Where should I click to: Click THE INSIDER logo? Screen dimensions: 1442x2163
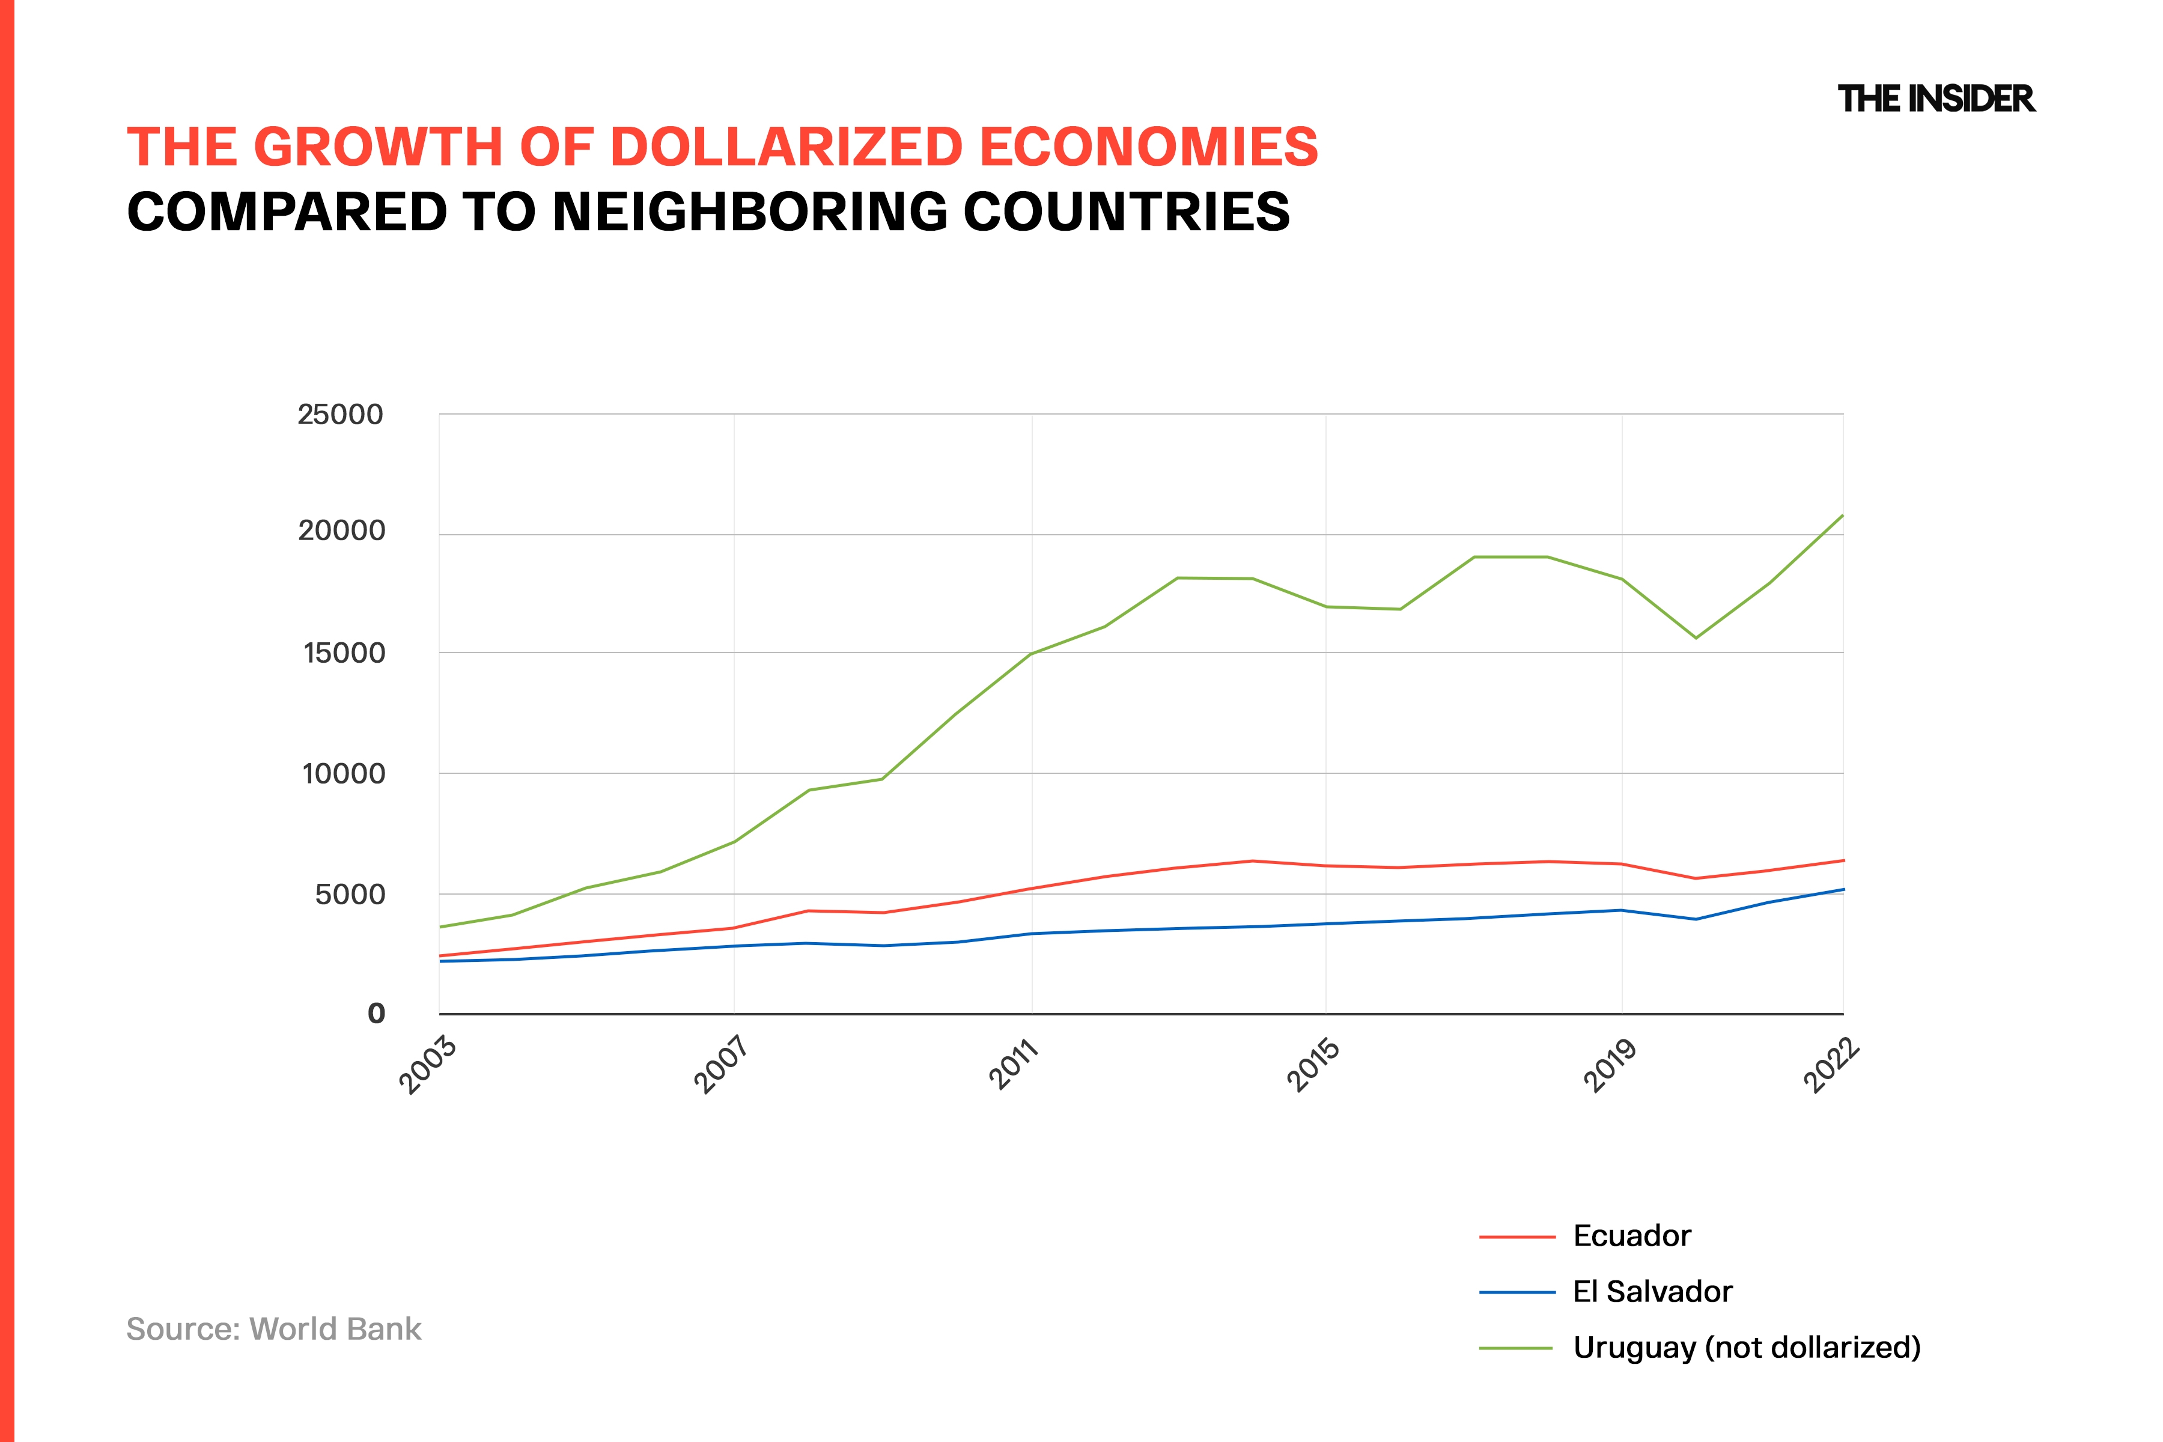[x=1936, y=99]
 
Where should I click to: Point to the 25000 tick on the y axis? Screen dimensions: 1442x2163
[x=339, y=415]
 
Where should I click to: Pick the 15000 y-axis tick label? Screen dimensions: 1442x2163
[x=343, y=653]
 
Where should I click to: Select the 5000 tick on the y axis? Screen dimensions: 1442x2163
[x=350, y=894]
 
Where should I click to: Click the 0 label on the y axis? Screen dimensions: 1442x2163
[x=376, y=1014]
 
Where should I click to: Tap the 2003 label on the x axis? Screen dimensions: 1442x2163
[x=428, y=1065]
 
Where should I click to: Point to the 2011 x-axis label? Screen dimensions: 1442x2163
[x=1014, y=1065]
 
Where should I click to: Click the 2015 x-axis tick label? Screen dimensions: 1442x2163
[x=1313, y=1065]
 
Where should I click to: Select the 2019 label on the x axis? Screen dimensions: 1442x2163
[x=1610, y=1065]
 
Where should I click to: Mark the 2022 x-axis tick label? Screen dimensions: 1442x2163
[x=1831, y=1065]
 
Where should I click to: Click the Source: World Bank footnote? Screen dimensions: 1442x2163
[x=273, y=1329]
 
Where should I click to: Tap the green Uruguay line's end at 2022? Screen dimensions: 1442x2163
[x=1842, y=516]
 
